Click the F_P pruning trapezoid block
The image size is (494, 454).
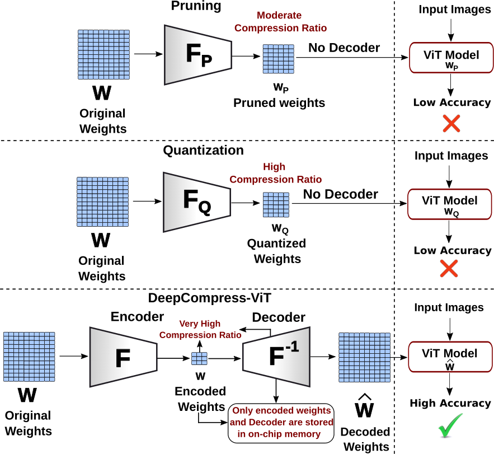(x=197, y=55)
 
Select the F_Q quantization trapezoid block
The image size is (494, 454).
(x=196, y=202)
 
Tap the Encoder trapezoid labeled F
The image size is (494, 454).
(x=123, y=357)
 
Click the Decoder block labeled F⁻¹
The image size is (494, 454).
(x=276, y=357)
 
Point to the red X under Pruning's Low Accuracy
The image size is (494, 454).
(x=451, y=123)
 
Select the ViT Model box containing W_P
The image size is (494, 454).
(x=451, y=58)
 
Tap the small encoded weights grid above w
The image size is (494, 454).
(x=200, y=358)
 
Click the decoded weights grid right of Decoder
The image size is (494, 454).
(x=364, y=357)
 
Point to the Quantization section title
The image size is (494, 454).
(x=203, y=151)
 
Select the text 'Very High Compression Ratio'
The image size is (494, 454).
(x=200, y=329)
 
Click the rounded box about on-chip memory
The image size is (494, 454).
(x=281, y=423)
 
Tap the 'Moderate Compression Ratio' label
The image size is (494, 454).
(x=280, y=22)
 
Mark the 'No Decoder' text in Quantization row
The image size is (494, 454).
(x=341, y=194)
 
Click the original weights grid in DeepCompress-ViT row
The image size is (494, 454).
(x=29, y=357)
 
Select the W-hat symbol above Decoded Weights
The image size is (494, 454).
(x=365, y=409)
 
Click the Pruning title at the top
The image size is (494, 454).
(x=196, y=7)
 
